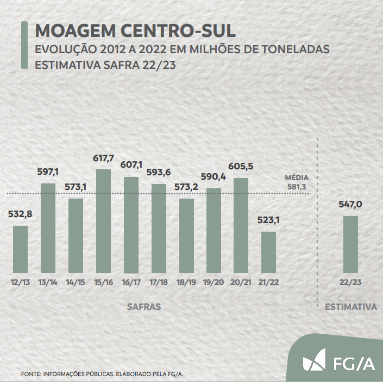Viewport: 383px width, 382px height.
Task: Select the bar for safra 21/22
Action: click(x=268, y=252)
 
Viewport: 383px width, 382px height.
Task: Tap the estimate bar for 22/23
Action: click(x=350, y=244)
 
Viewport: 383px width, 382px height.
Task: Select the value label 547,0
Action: click(x=350, y=204)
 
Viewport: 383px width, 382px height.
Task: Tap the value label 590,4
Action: click(x=214, y=176)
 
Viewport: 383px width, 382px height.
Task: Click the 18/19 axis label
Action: click(x=186, y=283)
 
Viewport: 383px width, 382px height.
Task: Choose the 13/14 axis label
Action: click(x=48, y=283)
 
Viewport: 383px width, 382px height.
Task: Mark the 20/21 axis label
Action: click(x=241, y=283)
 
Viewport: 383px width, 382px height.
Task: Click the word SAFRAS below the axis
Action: click(x=144, y=307)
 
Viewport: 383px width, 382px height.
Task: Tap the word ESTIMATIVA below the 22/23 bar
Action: click(x=351, y=307)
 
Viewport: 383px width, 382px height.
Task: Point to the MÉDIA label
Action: click(x=297, y=177)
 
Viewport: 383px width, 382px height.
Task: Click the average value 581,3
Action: click(x=297, y=187)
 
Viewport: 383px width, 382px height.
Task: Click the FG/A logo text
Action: click(x=354, y=362)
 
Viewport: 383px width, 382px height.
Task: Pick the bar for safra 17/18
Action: click(x=159, y=228)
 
